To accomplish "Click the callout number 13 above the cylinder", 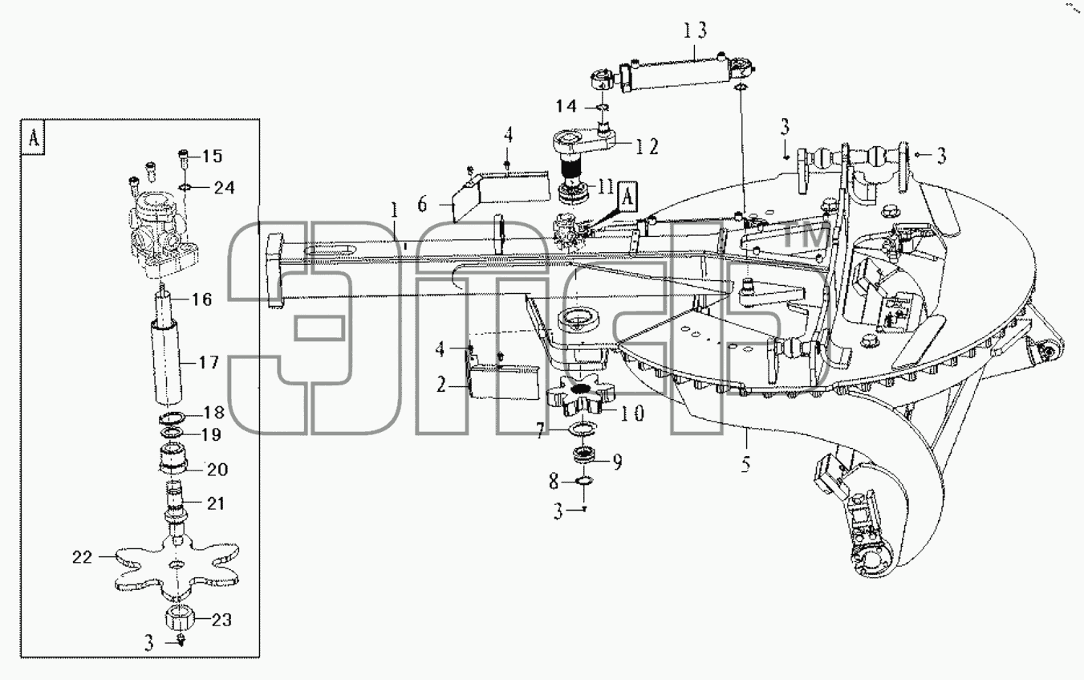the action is (695, 30).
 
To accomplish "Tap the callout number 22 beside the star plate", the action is (82, 557).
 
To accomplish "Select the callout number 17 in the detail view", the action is (209, 362).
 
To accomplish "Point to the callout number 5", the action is (745, 464).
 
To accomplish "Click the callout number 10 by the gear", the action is (632, 413).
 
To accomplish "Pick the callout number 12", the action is (647, 146).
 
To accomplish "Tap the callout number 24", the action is (225, 187).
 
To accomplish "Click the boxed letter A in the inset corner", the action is (34, 138).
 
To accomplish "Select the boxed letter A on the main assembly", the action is (627, 197).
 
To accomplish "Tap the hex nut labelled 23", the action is (180, 617).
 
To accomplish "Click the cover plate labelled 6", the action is (499, 195).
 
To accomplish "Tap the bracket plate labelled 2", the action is (503, 378).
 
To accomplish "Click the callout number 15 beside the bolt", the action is (212, 156).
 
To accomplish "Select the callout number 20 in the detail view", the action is (217, 470).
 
